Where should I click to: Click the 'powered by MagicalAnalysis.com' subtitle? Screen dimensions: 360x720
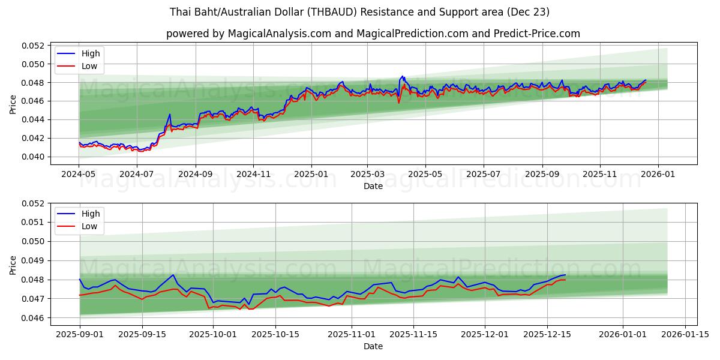373,34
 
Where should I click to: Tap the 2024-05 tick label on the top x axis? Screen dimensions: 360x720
79,175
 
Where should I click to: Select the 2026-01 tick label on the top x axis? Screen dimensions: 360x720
658,175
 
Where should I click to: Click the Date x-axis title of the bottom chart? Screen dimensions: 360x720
373,346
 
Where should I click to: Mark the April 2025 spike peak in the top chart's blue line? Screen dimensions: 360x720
403,76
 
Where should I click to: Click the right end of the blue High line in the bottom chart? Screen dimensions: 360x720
565,275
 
